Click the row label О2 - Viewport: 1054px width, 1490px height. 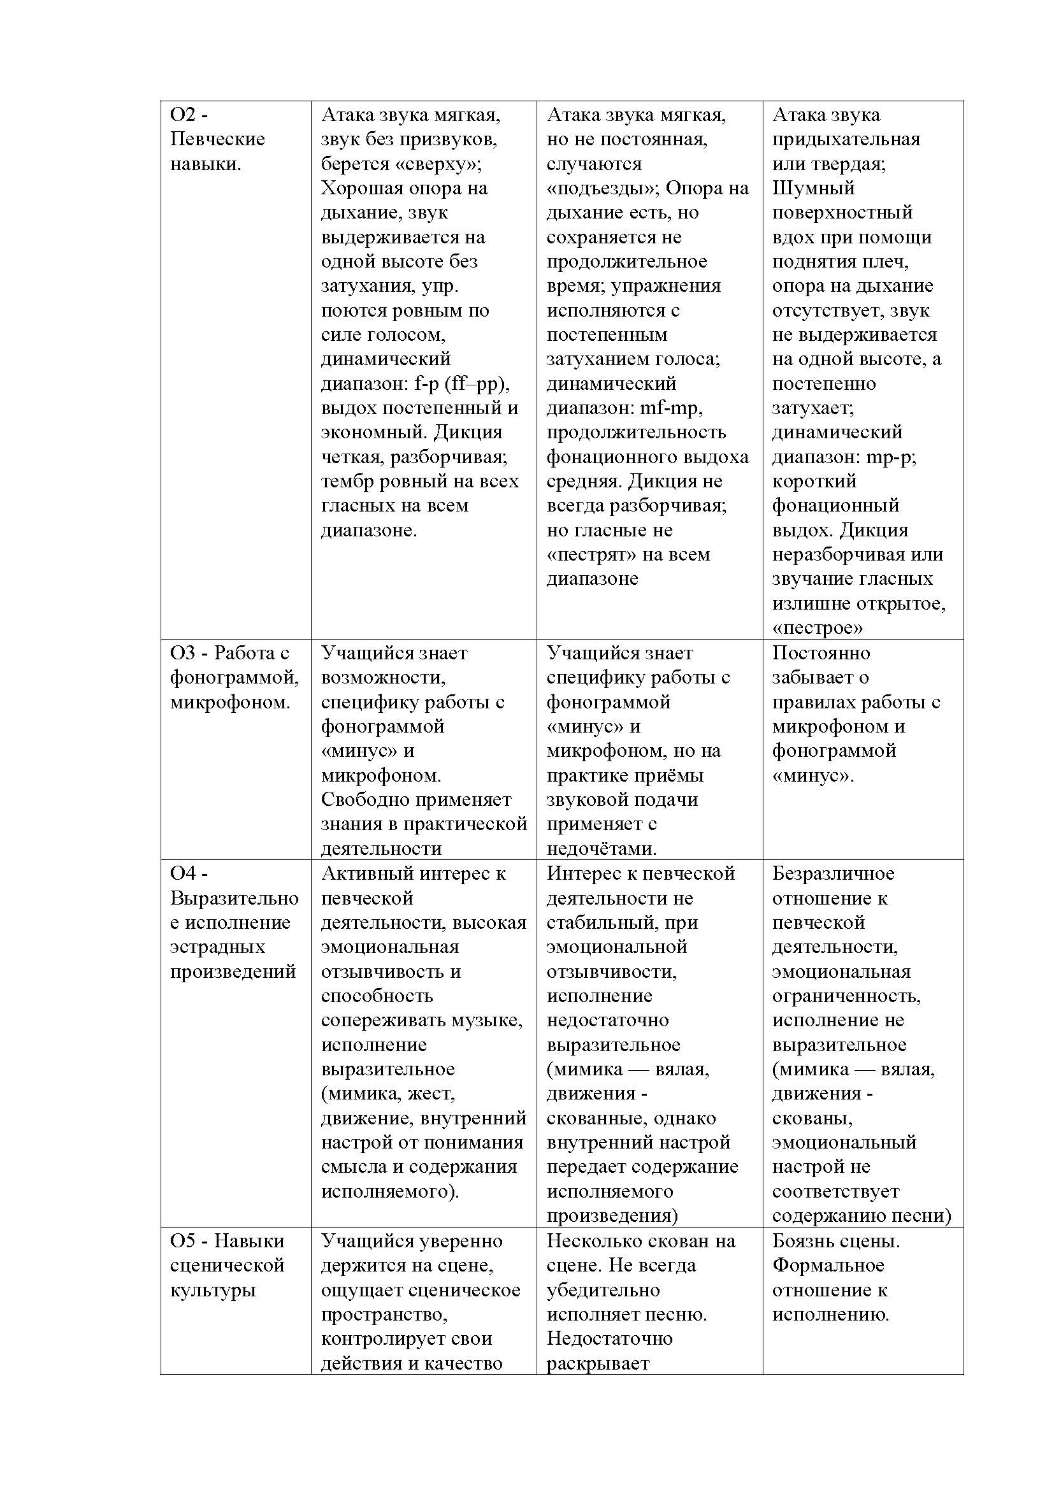tap(189, 115)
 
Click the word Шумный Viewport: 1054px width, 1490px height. tap(813, 189)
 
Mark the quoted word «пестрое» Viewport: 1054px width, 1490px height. tap(817, 628)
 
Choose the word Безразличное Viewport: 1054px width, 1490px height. tap(833, 873)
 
